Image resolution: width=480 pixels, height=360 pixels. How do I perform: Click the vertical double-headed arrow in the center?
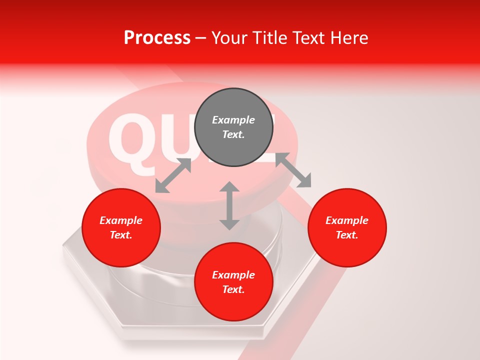[229, 205]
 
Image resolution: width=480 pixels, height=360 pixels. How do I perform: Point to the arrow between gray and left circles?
[173, 175]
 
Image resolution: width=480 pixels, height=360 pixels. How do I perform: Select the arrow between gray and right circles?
[293, 170]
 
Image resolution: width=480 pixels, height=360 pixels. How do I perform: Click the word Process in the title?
[157, 37]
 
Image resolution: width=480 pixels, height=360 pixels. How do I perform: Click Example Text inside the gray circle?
[233, 127]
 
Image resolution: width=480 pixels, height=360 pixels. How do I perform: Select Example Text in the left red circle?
[121, 227]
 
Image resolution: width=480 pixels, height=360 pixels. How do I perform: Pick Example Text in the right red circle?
[347, 227]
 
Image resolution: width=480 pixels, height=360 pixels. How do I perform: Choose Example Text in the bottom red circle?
[233, 282]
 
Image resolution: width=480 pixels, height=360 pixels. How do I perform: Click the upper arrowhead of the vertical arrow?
[229, 187]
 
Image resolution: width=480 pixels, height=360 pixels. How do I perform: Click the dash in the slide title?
[200, 38]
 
